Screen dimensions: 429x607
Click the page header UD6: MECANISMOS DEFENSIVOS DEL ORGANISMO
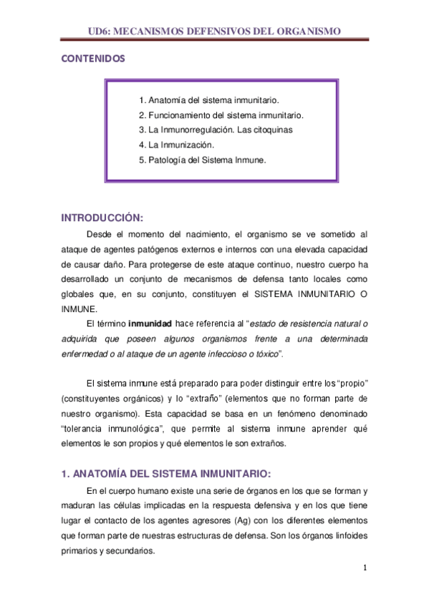click(213, 31)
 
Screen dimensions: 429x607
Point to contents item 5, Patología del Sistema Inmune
click(203, 160)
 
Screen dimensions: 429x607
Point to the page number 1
click(365, 568)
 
